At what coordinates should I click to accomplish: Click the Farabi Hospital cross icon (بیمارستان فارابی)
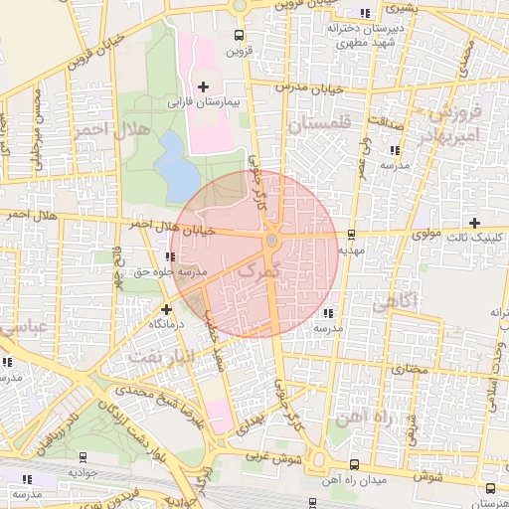[205, 87]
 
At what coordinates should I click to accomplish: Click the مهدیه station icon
[351, 236]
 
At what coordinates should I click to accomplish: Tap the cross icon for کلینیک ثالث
[475, 223]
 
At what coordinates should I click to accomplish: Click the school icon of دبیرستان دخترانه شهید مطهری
[366, 13]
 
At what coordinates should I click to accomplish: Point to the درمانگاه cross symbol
[166, 309]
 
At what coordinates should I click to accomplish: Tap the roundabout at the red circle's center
[271, 240]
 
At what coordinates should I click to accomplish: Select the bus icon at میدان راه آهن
[354, 464]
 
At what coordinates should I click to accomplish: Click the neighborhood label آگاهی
[391, 306]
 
